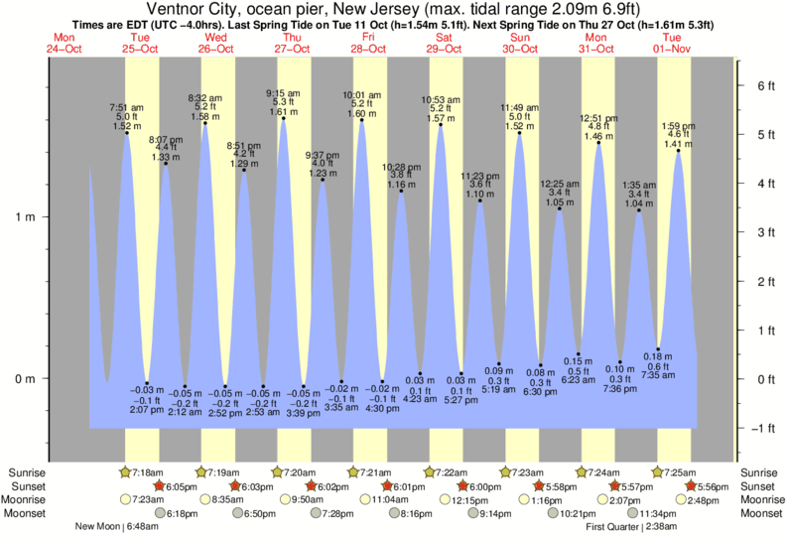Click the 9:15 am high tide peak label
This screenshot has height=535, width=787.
[283, 93]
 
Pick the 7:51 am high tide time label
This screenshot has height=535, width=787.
[127, 107]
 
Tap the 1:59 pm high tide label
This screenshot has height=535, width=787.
[678, 125]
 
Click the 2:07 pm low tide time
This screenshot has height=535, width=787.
[146, 409]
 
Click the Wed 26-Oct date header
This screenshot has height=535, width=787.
[217, 43]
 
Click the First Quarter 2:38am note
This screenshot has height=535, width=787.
[631, 526]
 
